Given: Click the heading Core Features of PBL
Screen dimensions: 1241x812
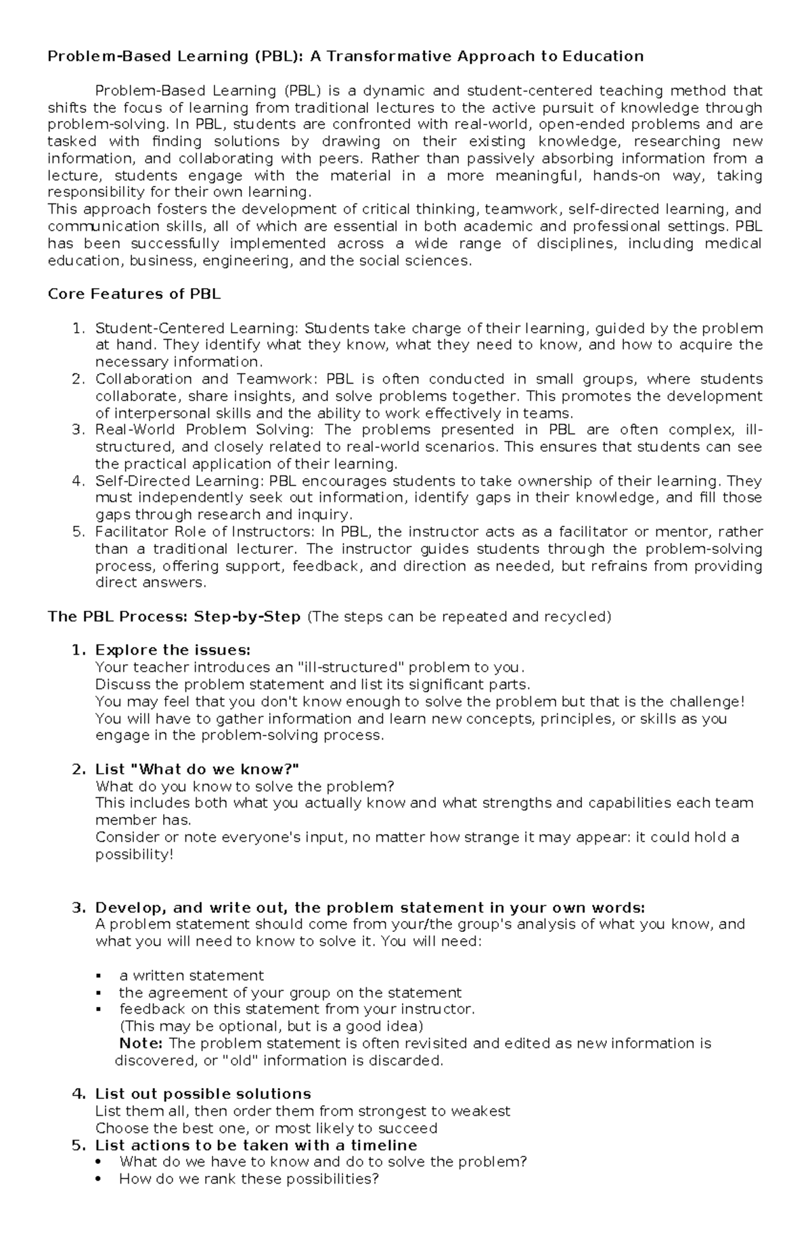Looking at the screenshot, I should click(x=134, y=294).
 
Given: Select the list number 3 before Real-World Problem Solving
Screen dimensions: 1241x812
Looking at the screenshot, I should click(x=78, y=430).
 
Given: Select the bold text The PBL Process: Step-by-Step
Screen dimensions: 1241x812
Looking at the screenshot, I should click(x=174, y=617).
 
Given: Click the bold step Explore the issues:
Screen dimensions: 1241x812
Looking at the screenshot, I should click(x=173, y=651).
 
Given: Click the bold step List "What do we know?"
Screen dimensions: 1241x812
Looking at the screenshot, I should click(x=196, y=770).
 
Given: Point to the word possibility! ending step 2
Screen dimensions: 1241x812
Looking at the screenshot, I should click(x=135, y=855).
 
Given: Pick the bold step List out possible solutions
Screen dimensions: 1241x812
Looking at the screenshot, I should click(x=203, y=1094).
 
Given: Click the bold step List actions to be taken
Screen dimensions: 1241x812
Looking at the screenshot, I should click(x=256, y=1145).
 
